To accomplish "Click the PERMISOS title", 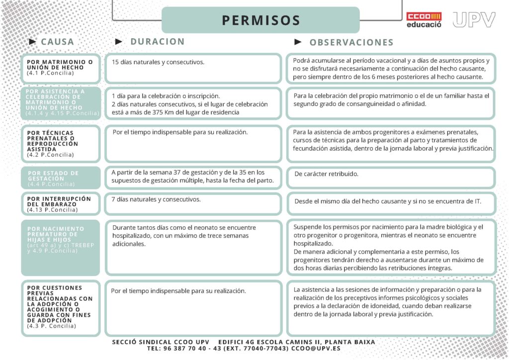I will coord(261,20).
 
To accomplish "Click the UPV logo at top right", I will coord(474,19).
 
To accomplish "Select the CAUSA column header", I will coord(57,42).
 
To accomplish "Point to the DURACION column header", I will coord(157,42).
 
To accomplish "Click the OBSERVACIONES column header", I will coord(351,42).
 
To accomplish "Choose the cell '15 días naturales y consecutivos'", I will coord(159,62).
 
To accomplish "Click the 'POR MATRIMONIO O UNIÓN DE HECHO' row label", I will coord(60,65).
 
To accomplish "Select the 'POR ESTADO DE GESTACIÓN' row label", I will coord(53,176).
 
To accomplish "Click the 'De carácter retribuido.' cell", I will coord(326,174).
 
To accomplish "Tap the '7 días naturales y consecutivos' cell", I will coord(156,199).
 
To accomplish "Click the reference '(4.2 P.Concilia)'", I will coord(51,155).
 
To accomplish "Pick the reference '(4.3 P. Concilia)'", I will coord(52,326).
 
